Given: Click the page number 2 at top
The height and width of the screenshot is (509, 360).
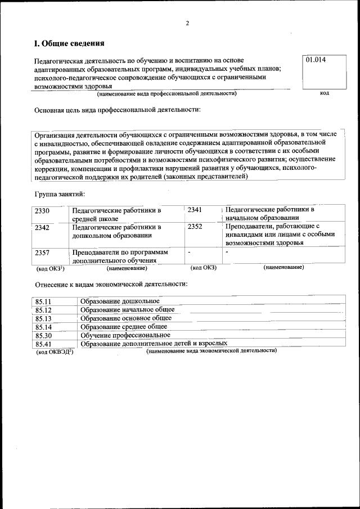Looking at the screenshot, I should click(188, 23).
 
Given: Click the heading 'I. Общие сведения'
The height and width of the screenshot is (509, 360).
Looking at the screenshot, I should click(69, 43).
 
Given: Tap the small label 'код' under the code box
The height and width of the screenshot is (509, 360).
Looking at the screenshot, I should click(324, 93).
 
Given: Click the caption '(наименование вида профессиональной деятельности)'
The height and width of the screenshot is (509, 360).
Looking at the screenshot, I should click(166, 93).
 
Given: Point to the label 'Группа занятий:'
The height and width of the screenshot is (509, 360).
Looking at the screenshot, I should click(60, 194).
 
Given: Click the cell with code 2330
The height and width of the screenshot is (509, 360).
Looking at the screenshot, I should click(43, 210).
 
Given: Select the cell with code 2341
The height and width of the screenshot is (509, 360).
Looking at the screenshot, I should click(195, 209).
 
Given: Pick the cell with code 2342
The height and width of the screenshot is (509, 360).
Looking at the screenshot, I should click(43, 227).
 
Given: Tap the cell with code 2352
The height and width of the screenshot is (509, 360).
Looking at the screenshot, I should click(195, 227).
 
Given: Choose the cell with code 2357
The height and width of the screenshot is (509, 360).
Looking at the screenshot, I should click(43, 253).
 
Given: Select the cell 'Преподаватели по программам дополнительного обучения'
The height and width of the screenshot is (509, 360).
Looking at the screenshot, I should click(120, 256).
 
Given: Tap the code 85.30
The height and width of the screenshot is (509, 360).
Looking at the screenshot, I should click(43, 335).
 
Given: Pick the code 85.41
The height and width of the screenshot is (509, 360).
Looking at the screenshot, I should click(43, 343).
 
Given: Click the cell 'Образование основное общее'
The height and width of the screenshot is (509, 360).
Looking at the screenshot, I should click(126, 318).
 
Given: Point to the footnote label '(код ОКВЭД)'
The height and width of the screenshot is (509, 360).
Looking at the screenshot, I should click(55, 352).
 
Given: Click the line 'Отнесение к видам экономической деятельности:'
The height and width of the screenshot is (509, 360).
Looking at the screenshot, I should click(111, 283).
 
